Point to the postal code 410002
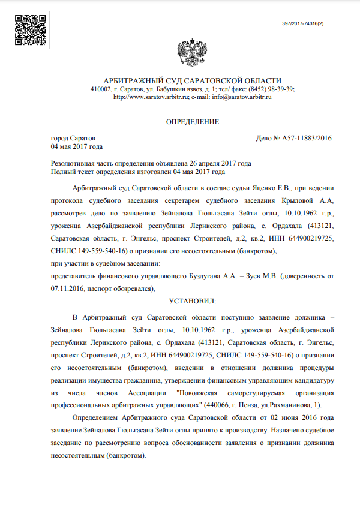coord(100,89)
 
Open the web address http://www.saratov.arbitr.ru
coord(151,97)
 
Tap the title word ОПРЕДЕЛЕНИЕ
coord(193,122)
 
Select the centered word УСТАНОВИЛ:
coord(193,300)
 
